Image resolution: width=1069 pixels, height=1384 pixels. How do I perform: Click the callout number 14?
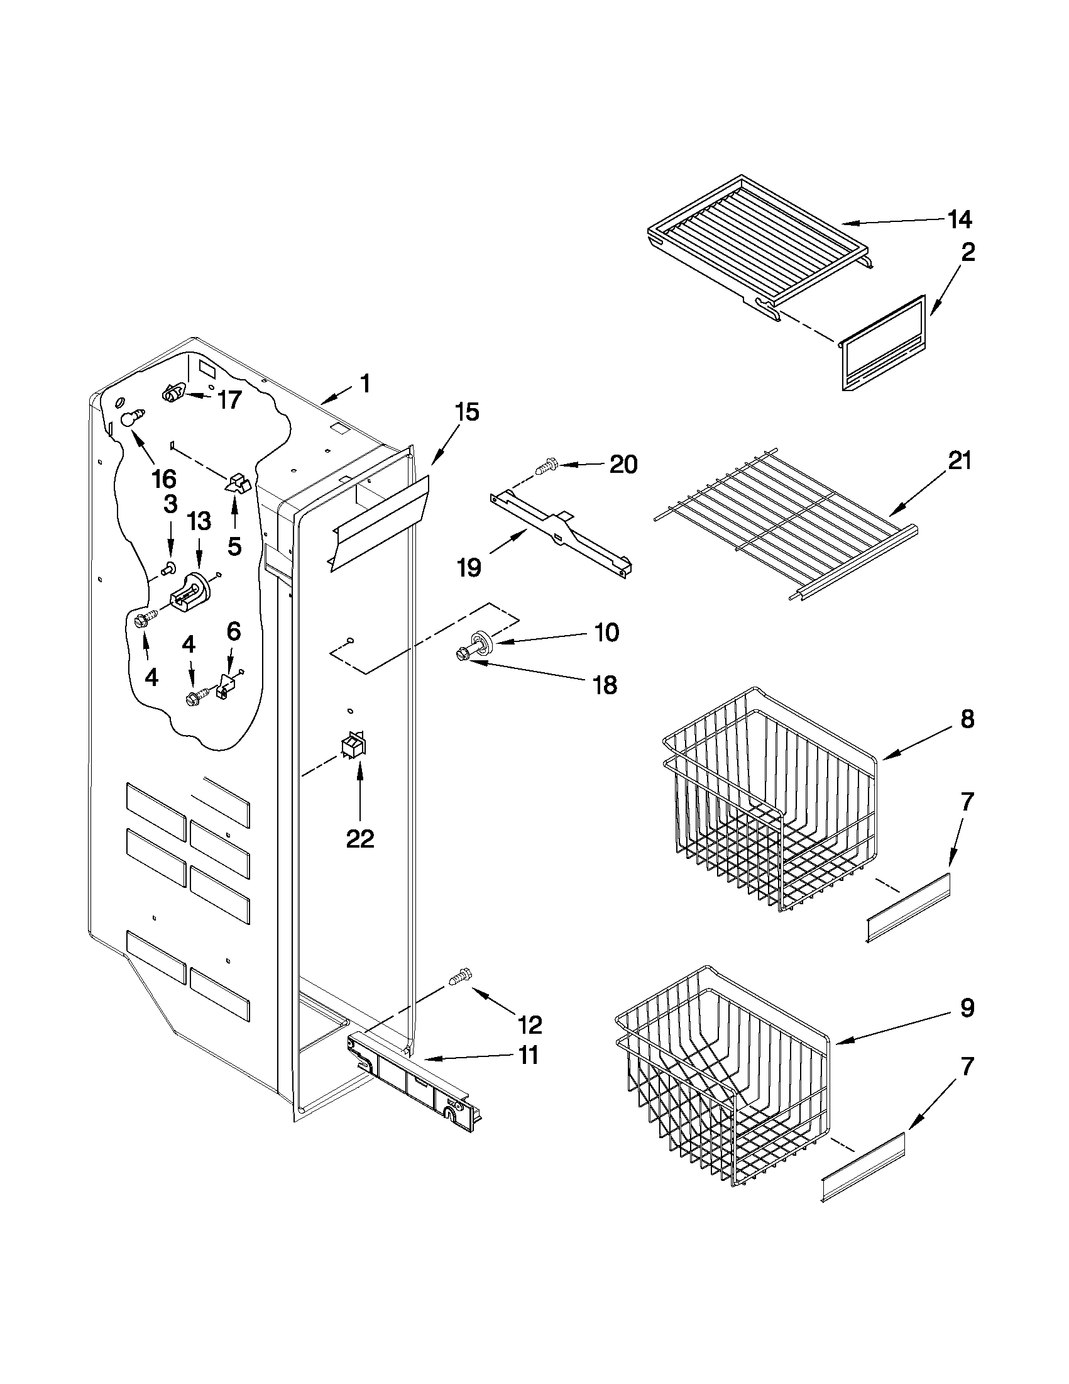click(x=960, y=219)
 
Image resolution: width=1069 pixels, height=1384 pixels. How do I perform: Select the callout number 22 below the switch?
click(x=359, y=838)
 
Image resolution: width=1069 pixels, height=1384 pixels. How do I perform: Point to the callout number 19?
click(x=469, y=567)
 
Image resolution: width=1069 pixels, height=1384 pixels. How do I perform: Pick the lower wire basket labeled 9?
click(x=722, y=1080)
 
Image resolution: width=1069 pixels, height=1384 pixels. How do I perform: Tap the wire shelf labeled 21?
click(x=786, y=523)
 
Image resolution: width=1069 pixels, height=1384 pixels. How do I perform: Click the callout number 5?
click(x=234, y=546)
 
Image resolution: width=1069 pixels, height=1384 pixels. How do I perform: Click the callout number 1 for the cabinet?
click(x=364, y=384)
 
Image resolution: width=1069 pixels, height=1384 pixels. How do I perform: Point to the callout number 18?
click(x=605, y=684)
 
